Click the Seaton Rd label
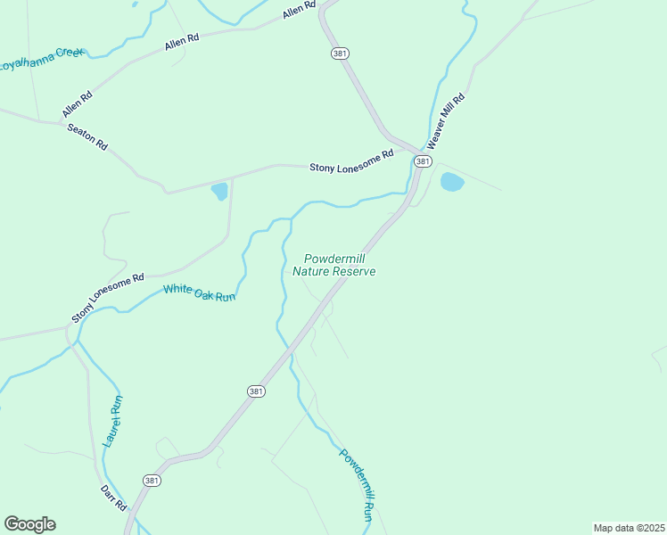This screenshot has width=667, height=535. (x=87, y=136)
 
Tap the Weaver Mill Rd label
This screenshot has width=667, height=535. (x=446, y=120)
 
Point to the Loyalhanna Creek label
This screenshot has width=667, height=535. (x=41, y=60)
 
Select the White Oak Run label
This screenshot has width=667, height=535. (x=199, y=292)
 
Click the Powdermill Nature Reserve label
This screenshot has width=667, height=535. (x=334, y=265)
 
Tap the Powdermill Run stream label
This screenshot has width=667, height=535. (x=356, y=484)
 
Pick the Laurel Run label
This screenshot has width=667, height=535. (x=114, y=420)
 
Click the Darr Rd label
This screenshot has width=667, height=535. (x=114, y=497)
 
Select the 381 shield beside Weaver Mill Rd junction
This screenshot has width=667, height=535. (x=423, y=161)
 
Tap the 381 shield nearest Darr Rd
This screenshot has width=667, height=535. (x=152, y=480)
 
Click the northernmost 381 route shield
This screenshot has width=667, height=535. (x=340, y=53)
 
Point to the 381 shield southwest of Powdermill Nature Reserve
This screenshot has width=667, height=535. (x=256, y=391)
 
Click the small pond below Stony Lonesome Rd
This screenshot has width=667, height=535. (x=219, y=191)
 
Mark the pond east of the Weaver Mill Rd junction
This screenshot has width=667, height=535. (x=452, y=182)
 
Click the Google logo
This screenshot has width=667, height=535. (x=29, y=524)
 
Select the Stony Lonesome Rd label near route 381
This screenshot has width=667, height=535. (x=351, y=160)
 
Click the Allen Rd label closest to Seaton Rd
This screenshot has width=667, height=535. (x=78, y=105)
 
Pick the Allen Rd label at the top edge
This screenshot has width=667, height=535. (x=300, y=10)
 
